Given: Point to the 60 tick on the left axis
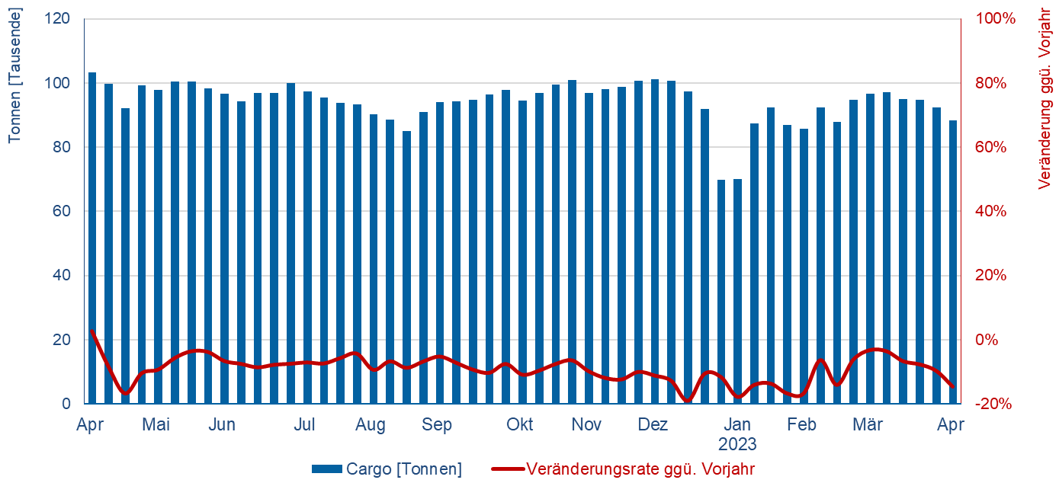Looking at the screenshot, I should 62,211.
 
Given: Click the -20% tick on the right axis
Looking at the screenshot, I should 993,404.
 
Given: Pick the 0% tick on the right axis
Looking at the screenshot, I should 989,340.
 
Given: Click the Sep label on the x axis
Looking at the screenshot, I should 438,424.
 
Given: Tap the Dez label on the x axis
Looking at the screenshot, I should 653,424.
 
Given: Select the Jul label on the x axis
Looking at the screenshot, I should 305,424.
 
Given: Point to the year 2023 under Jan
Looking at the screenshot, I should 736,443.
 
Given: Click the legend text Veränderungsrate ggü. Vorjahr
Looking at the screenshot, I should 640,469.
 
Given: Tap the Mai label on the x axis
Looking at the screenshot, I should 156,424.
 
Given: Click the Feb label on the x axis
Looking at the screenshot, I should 802,424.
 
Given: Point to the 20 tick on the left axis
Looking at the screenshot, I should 62,340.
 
